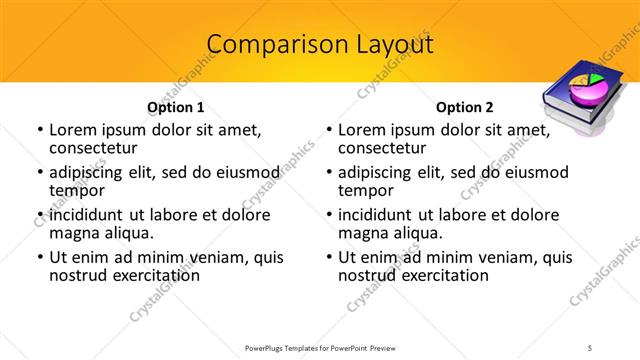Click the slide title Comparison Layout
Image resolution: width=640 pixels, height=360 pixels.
pos(320,45)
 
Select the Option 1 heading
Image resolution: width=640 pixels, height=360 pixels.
pos(176,107)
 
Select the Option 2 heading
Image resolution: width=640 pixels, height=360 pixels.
pos(465,107)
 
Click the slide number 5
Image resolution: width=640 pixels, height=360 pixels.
pos(590,347)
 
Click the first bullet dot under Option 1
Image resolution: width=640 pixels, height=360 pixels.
pos(39,130)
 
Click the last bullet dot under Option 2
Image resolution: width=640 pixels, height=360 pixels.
pos(328,257)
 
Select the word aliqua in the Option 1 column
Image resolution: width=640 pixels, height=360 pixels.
pos(127,233)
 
